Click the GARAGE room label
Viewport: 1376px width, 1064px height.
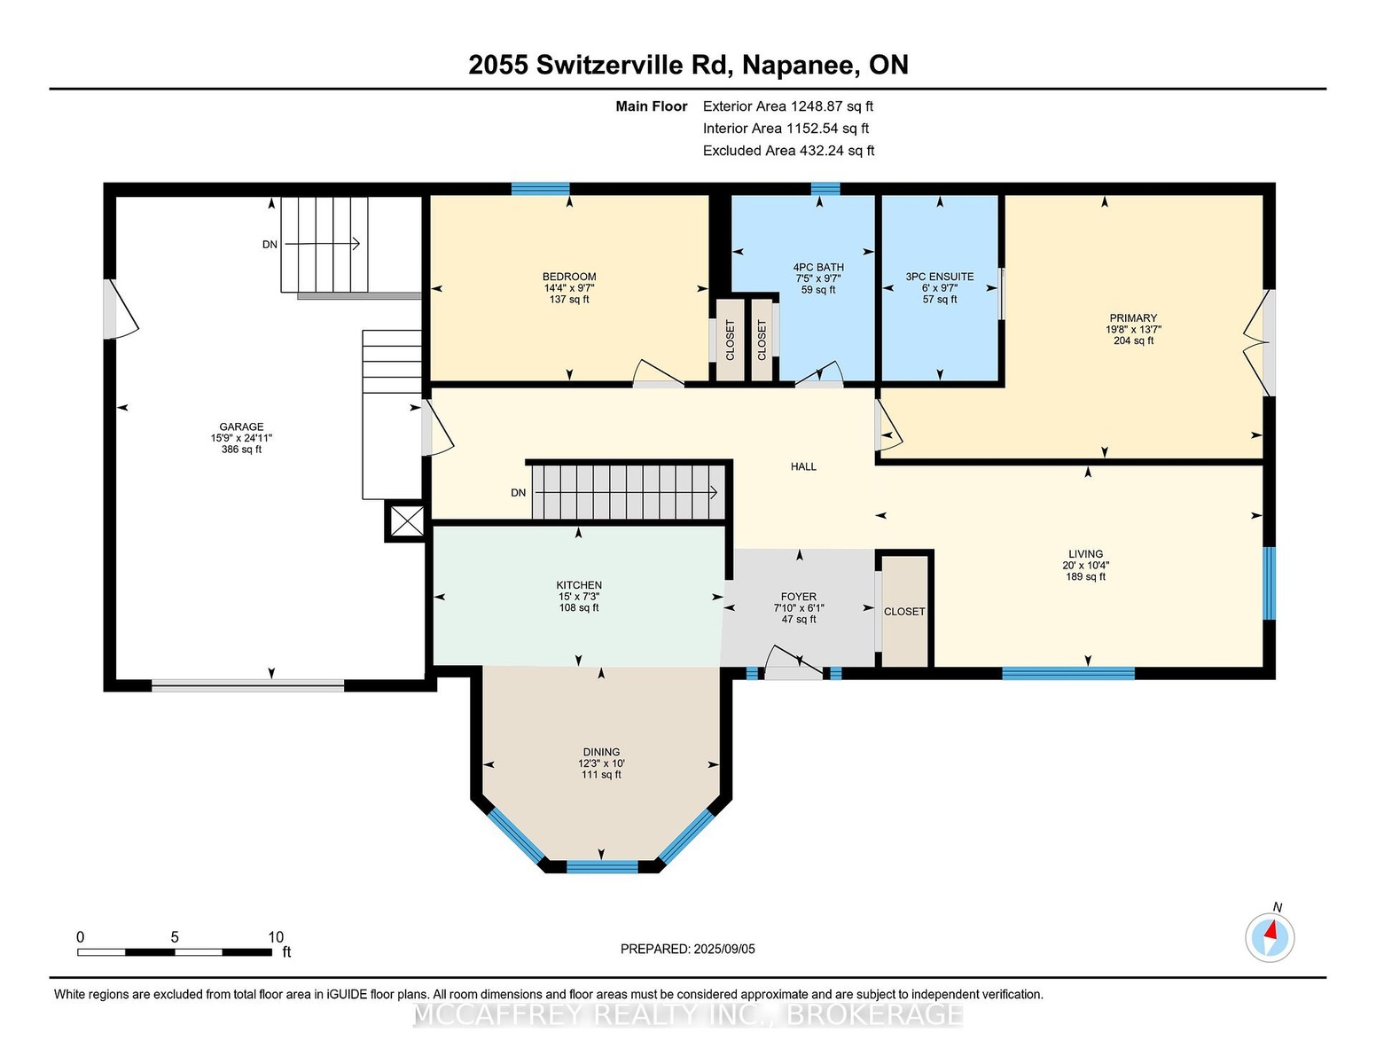pyautogui.click(x=241, y=426)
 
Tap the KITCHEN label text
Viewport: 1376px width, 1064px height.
pyautogui.click(x=579, y=585)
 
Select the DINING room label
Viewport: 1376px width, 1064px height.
pyautogui.click(x=602, y=752)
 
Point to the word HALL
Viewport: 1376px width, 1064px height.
pyautogui.click(x=803, y=466)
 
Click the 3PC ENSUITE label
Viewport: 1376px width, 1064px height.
pyautogui.click(x=940, y=277)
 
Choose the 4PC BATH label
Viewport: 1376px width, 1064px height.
pyautogui.click(x=818, y=267)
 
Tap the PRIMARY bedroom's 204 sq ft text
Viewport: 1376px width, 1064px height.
pyautogui.click(x=1133, y=340)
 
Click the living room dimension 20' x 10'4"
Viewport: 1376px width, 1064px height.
pyautogui.click(x=1086, y=565)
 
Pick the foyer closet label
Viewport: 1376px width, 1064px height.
pyautogui.click(x=904, y=612)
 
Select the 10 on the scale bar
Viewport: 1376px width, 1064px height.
pyautogui.click(x=276, y=937)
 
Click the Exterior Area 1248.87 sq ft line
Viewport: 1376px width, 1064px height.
pyautogui.click(x=787, y=106)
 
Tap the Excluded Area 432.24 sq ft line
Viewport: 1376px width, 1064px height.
pyautogui.click(x=788, y=151)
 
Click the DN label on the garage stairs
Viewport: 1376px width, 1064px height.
pyautogui.click(x=270, y=245)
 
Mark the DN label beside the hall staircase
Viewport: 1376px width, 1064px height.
pyautogui.click(x=518, y=492)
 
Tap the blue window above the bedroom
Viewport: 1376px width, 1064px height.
pyautogui.click(x=540, y=189)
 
